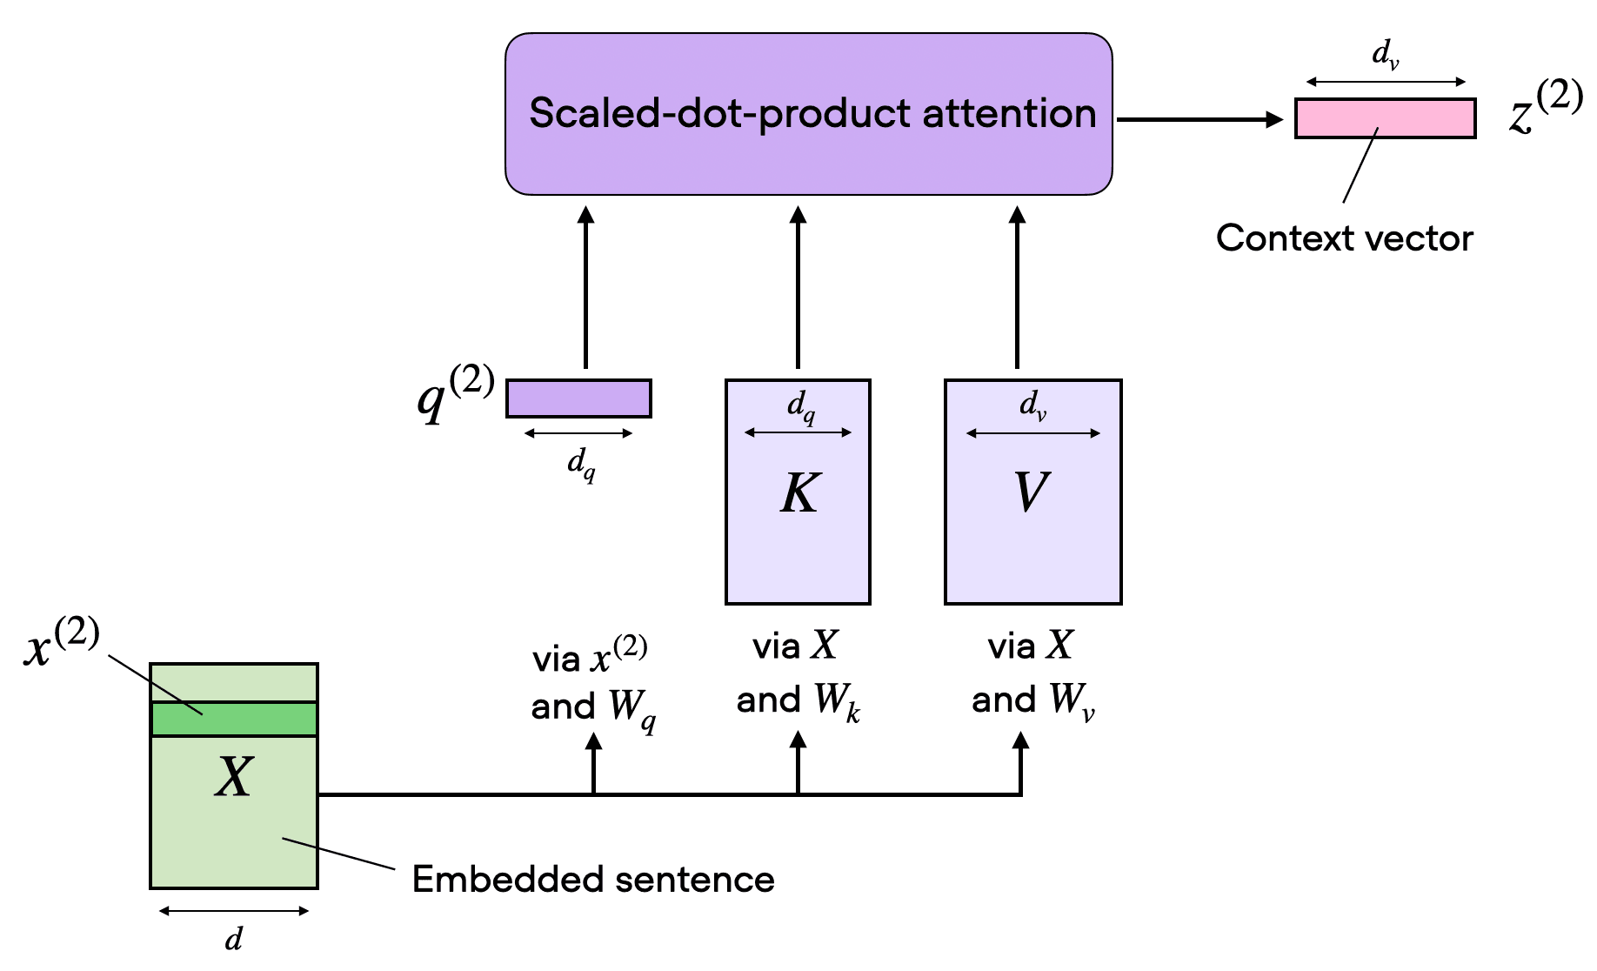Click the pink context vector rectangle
click(x=1385, y=118)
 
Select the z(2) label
click(x=1545, y=110)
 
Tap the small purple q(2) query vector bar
click(x=578, y=398)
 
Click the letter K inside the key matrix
click(x=798, y=492)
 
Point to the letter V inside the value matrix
click(x=1032, y=492)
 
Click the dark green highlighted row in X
click(x=234, y=719)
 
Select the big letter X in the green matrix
click(x=234, y=776)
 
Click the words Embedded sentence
click(x=592, y=880)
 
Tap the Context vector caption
click(x=1344, y=238)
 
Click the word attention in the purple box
click(x=1009, y=113)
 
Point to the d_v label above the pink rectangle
click(x=1385, y=55)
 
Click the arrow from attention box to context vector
click(x=1200, y=119)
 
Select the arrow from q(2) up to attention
click(x=585, y=287)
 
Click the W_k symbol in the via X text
click(x=837, y=701)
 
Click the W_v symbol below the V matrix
click(x=1071, y=701)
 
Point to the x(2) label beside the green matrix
click(x=61, y=644)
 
